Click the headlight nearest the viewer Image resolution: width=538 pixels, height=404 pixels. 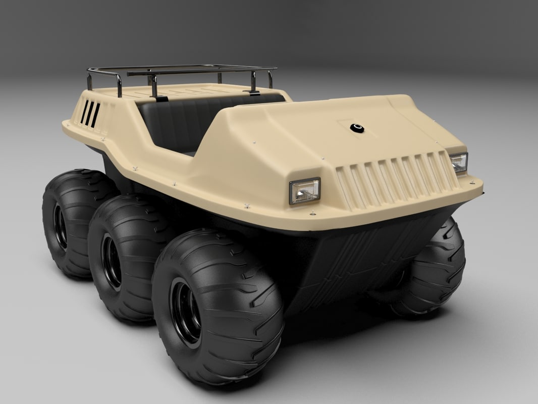coord(304,191)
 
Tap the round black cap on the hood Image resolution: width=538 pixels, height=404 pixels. coord(357,128)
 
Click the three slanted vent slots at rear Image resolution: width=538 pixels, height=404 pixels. coord(90,114)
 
